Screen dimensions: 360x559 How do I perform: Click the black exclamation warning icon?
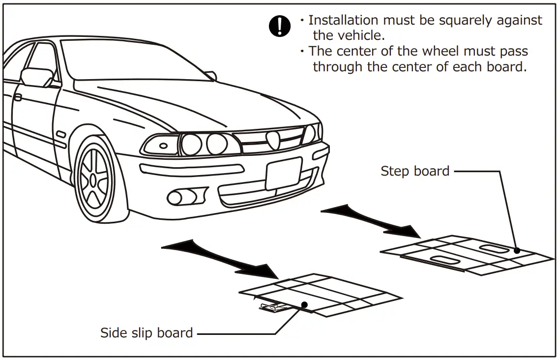click(280, 26)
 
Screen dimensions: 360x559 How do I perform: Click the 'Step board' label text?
click(415, 171)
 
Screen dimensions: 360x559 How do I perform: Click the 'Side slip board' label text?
click(147, 333)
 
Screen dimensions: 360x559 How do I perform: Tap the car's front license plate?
click(284, 174)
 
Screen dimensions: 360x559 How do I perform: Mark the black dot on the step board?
click(517, 250)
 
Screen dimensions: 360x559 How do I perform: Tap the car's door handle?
click(17, 97)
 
